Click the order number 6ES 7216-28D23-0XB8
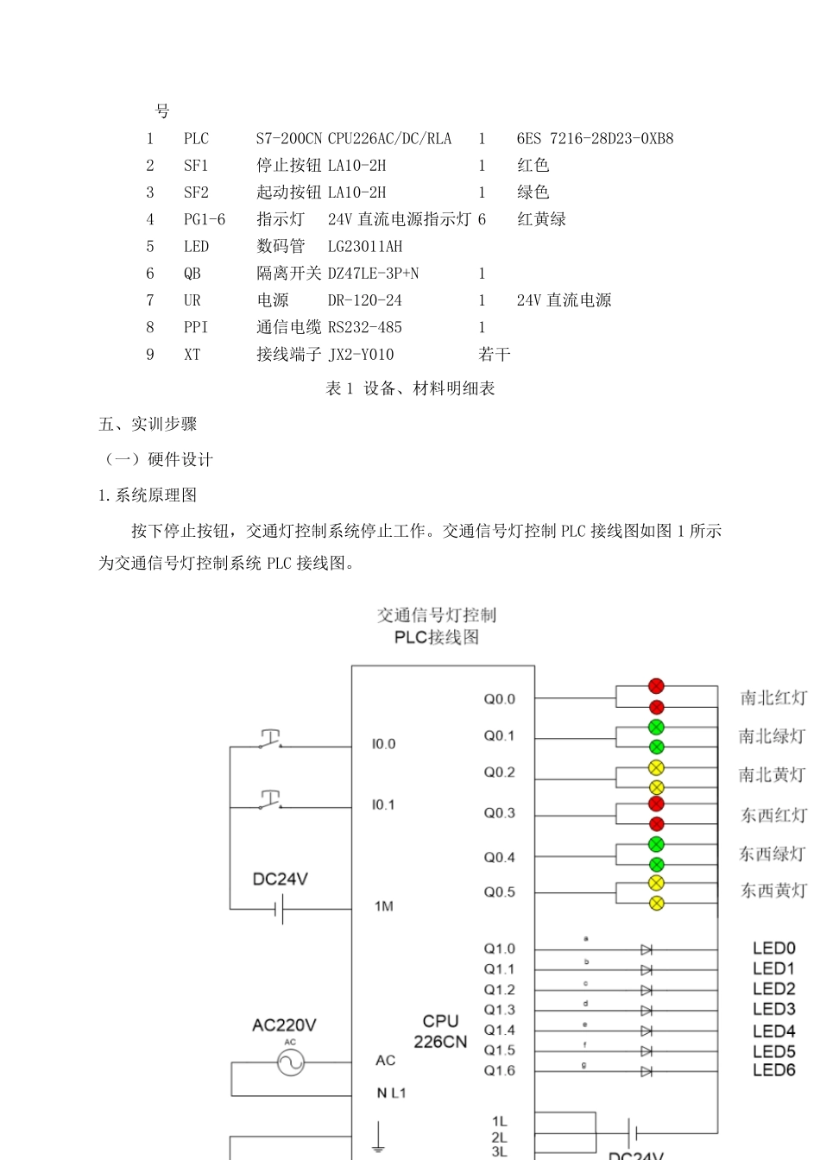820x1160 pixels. tap(595, 138)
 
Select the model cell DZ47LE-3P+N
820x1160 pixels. tap(373, 274)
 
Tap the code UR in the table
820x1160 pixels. tap(192, 300)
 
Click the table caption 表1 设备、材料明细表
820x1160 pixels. tap(410, 388)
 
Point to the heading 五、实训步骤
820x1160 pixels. tap(148, 424)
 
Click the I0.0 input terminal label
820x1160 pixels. tap(383, 744)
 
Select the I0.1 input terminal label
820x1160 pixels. tap(383, 804)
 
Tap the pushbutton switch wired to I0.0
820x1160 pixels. tap(270, 741)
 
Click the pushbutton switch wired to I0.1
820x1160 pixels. tap(270, 801)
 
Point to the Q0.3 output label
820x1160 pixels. tap(499, 813)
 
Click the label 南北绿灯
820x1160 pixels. tap(771, 736)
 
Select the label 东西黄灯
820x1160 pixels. tap(773, 891)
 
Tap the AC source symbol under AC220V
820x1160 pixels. tap(291, 1062)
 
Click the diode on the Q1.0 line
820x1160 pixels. tap(647, 949)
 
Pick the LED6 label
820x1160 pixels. tap(773, 1070)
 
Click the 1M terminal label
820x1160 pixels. tap(384, 906)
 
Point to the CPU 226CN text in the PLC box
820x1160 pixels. tap(440, 1031)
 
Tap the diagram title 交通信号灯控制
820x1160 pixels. tap(437, 615)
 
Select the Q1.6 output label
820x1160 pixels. tap(499, 1070)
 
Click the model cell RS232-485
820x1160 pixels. tap(365, 327)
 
